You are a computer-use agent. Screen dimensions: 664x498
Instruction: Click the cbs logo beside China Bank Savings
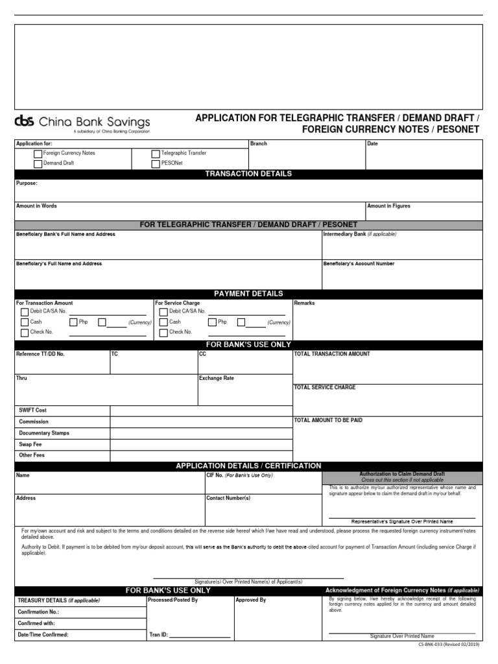coord(25,121)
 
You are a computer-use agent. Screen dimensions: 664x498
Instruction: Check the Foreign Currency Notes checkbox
coord(38,154)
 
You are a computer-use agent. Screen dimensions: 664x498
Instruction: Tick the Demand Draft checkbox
coord(38,164)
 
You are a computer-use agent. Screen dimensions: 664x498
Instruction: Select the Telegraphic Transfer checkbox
coord(156,154)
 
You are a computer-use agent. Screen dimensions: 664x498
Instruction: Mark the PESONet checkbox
coord(156,164)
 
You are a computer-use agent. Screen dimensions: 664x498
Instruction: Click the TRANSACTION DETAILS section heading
coord(248,174)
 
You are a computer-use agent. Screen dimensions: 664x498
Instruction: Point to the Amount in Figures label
coord(388,206)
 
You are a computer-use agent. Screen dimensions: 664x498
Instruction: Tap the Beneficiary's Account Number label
coord(359,264)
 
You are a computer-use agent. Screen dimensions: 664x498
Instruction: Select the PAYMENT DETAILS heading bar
coord(248,294)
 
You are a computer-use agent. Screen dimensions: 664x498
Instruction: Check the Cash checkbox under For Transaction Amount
coord(25,322)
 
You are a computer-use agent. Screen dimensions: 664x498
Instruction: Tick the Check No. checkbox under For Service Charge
coord(163,333)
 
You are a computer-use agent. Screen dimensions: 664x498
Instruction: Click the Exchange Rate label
coord(217,378)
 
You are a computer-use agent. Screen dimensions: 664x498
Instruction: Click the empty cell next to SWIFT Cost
coord(201,410)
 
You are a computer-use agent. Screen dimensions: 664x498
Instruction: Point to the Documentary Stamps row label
coord(44,433)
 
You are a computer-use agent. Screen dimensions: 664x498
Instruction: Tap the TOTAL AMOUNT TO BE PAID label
coord(328,420)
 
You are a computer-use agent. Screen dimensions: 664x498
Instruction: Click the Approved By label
coord(251,600)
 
